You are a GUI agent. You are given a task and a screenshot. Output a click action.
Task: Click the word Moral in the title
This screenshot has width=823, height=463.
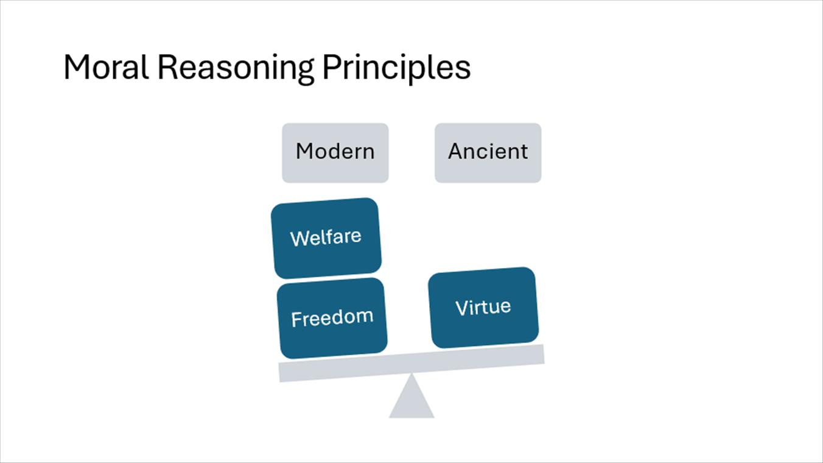[x=106, y=67]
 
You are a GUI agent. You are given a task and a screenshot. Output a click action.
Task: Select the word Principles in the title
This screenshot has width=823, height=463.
[x=396, y=68]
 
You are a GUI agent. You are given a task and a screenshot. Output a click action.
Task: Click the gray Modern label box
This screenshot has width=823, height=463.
[x=335, y=152]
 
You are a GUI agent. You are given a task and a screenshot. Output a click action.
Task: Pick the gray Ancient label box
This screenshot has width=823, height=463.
[x=488, y=152]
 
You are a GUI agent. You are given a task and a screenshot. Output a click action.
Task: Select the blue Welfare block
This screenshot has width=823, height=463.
[x=326, y=238]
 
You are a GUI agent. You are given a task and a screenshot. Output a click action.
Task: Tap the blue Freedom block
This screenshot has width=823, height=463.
[x=332, y=318]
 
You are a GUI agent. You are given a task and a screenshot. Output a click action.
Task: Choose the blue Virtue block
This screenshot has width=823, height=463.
[x=483, y=308]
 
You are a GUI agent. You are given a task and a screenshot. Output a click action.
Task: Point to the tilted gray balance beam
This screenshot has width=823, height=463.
[x=411, y=363]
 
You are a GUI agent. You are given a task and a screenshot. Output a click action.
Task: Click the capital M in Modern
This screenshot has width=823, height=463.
[x=304, y=151]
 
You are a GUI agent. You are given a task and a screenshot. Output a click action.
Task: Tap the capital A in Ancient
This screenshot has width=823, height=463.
[x=455, y=151]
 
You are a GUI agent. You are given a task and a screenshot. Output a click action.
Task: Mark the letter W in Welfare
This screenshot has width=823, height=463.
[x=298, y=239]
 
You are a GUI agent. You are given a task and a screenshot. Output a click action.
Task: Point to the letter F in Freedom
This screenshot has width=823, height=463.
[x=296, y=320]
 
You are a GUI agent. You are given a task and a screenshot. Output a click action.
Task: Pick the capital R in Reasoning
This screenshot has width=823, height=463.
[x=166, y=67]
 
